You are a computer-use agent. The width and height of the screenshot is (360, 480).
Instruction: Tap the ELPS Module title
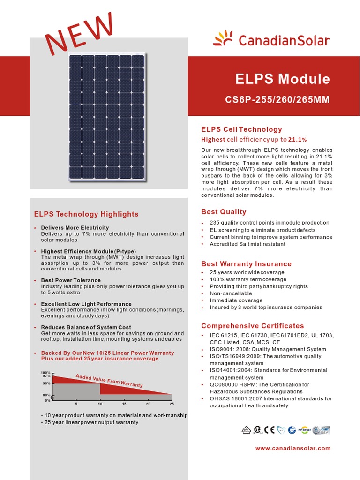click(x=282, y=79)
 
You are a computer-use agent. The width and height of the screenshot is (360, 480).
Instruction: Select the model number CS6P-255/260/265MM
click(x=277, y=100)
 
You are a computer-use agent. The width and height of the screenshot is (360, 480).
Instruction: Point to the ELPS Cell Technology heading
click(x=241, y=129)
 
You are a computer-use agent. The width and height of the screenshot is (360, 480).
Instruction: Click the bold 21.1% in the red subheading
click(x=297, y=140)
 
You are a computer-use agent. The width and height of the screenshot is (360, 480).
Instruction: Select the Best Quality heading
click(x=224, y=212)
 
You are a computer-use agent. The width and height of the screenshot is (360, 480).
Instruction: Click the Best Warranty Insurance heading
click(x=246, y=264)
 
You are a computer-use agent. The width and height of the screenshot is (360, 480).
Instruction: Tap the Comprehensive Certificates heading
click(x=252, y=326)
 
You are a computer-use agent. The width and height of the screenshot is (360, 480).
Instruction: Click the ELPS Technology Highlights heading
click(x=86, y=214)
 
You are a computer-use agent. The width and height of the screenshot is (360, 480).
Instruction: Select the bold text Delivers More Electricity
click(x=75, y=228)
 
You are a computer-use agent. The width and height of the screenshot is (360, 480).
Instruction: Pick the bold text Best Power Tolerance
click(x=71, y=280)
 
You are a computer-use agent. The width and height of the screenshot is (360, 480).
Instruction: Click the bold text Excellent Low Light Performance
click(x=86, y=304)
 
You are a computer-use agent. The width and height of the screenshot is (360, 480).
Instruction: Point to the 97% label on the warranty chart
click(x=46, y=376)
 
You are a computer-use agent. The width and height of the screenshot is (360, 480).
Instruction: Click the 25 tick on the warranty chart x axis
click(x=172, y=404)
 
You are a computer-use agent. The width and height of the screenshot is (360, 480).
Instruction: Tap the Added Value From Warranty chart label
click(x=109, y=381)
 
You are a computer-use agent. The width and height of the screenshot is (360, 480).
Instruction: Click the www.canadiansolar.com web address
click(x=293, y=448)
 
